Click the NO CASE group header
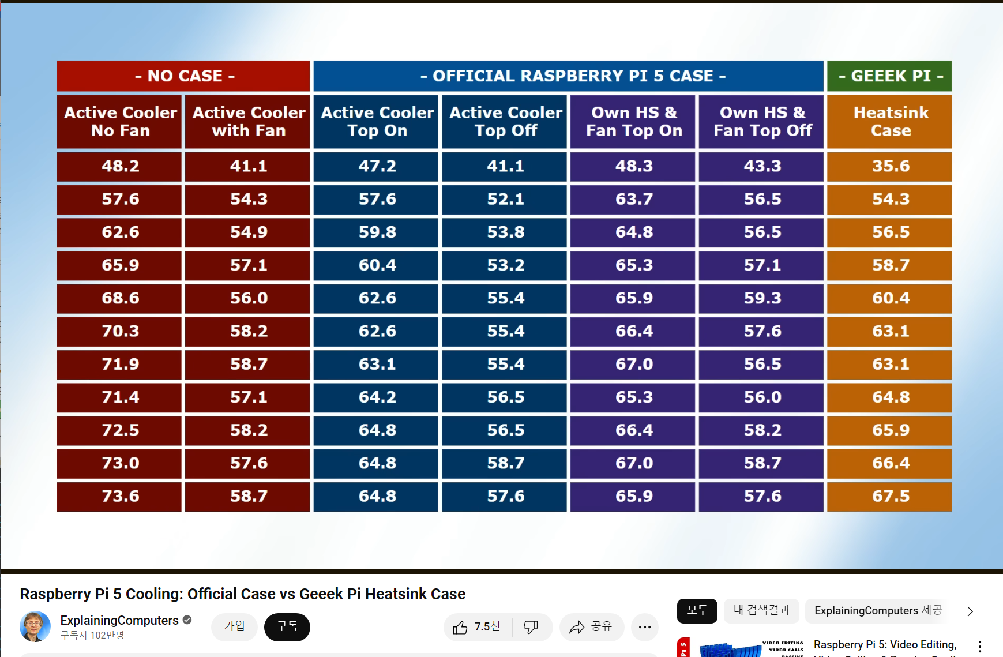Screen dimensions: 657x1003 183,76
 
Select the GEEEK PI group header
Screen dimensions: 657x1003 889,76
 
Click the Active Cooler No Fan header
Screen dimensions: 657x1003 119,122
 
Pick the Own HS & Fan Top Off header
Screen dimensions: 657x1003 761,122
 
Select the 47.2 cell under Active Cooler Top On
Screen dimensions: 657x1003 377,166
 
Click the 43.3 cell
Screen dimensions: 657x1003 761,166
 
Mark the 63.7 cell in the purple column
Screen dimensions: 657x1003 633,199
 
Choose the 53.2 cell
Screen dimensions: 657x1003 505,265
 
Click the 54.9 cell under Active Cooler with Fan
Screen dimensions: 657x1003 248,232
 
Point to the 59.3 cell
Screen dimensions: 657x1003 761,298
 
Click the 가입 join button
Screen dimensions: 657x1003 234,627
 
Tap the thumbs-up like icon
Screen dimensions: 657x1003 461,628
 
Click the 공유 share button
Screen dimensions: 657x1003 591,627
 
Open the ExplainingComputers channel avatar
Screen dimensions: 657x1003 35,627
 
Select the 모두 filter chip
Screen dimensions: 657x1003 697,611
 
